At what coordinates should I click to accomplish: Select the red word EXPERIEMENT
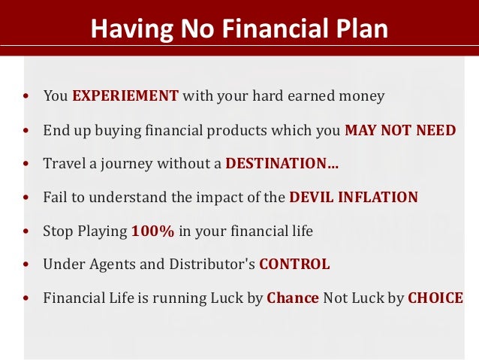coord(125,96)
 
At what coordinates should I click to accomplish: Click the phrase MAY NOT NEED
coord(400,130)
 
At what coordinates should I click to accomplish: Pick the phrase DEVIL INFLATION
coord(354,198)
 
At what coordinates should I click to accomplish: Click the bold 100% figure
coord(153,231)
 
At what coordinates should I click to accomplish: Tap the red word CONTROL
coord(294,265)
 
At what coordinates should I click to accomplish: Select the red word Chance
coord(293,298)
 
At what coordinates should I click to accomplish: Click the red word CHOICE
coord(435,298)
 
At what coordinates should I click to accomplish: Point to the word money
coord(360,96)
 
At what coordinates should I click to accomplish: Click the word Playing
coord(101,231)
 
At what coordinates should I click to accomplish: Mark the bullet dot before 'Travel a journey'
coord(26,164)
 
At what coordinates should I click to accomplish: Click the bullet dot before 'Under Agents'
coord(26,265)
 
